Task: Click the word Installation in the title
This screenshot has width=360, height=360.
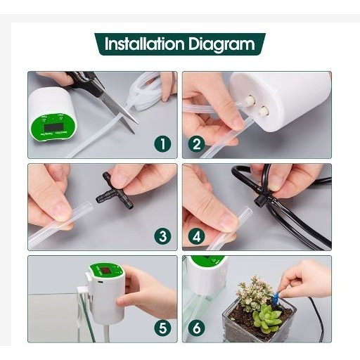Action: (144, 44)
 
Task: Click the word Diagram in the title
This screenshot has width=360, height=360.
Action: (221, 44)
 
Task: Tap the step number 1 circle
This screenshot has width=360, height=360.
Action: (163, 144)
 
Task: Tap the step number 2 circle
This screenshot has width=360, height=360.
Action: (196, 144)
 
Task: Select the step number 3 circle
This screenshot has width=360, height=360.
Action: (163, 236)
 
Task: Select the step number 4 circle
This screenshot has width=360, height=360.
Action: (196, 236)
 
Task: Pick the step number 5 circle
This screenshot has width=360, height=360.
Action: (163, 328)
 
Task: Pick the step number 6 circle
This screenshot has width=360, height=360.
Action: (196, 328)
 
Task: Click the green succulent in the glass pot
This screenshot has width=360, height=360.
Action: (267, 318)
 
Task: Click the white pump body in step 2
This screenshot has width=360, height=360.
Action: (288, 105)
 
